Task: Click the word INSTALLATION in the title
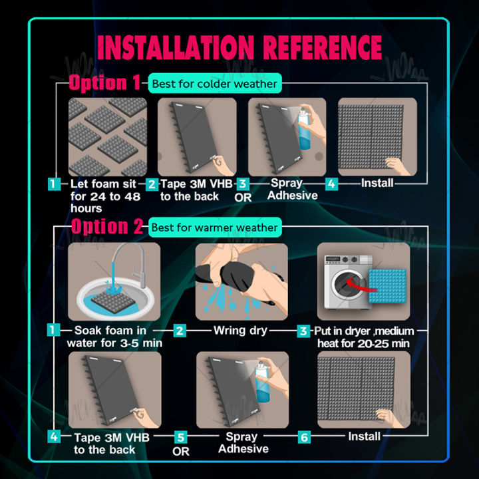tap(176, 47)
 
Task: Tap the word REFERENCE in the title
tap(322, 47)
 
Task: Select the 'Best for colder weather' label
tap(215, 83)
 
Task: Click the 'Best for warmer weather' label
tap(215, 228)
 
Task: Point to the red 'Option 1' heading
tap(104, 82)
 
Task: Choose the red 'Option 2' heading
tap(107, 226)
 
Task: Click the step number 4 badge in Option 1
tap(331, 184)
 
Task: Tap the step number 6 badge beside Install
tap(304, 437)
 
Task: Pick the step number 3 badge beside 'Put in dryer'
tap(303, 331)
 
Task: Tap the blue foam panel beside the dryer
tap(387, 286)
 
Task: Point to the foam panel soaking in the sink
tap(113, 302)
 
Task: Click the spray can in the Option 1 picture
tap(304, 130)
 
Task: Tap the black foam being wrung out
tap(236, 277)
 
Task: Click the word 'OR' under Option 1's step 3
tap(243, 198)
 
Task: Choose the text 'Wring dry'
tap(240, 331)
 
